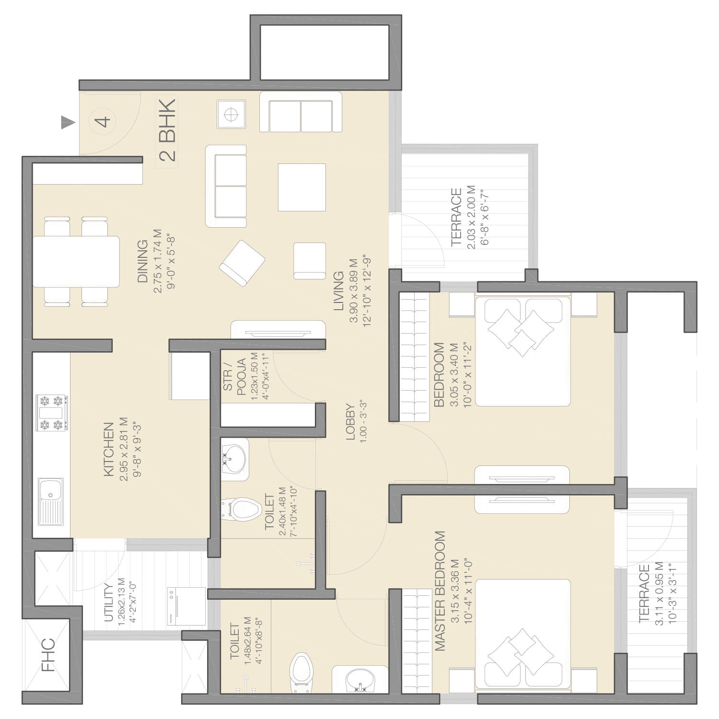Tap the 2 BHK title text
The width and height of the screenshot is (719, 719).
pyautogui.click(x=167, y=130)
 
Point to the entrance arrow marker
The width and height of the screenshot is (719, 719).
pyautogui.click(x=68, y=123)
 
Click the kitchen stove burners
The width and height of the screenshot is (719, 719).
pyautogui.click(x=52, y=413)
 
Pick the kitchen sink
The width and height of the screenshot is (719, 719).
pyautogui.click(x=51, y=501)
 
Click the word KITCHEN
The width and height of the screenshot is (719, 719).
pyautogui.click(x=109, y=449)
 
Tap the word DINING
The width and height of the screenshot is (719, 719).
pyautogui.click(x=143, y=261)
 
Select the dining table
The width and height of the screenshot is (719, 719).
pyautogui.click(x=76, y=261)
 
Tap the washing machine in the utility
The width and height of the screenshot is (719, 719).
pyautogui.click(x=186, y=606)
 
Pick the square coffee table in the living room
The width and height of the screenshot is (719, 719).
pyautogui.click(x=302, y=187)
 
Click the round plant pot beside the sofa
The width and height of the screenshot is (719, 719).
pyautogui.click(x=232, y=114)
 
